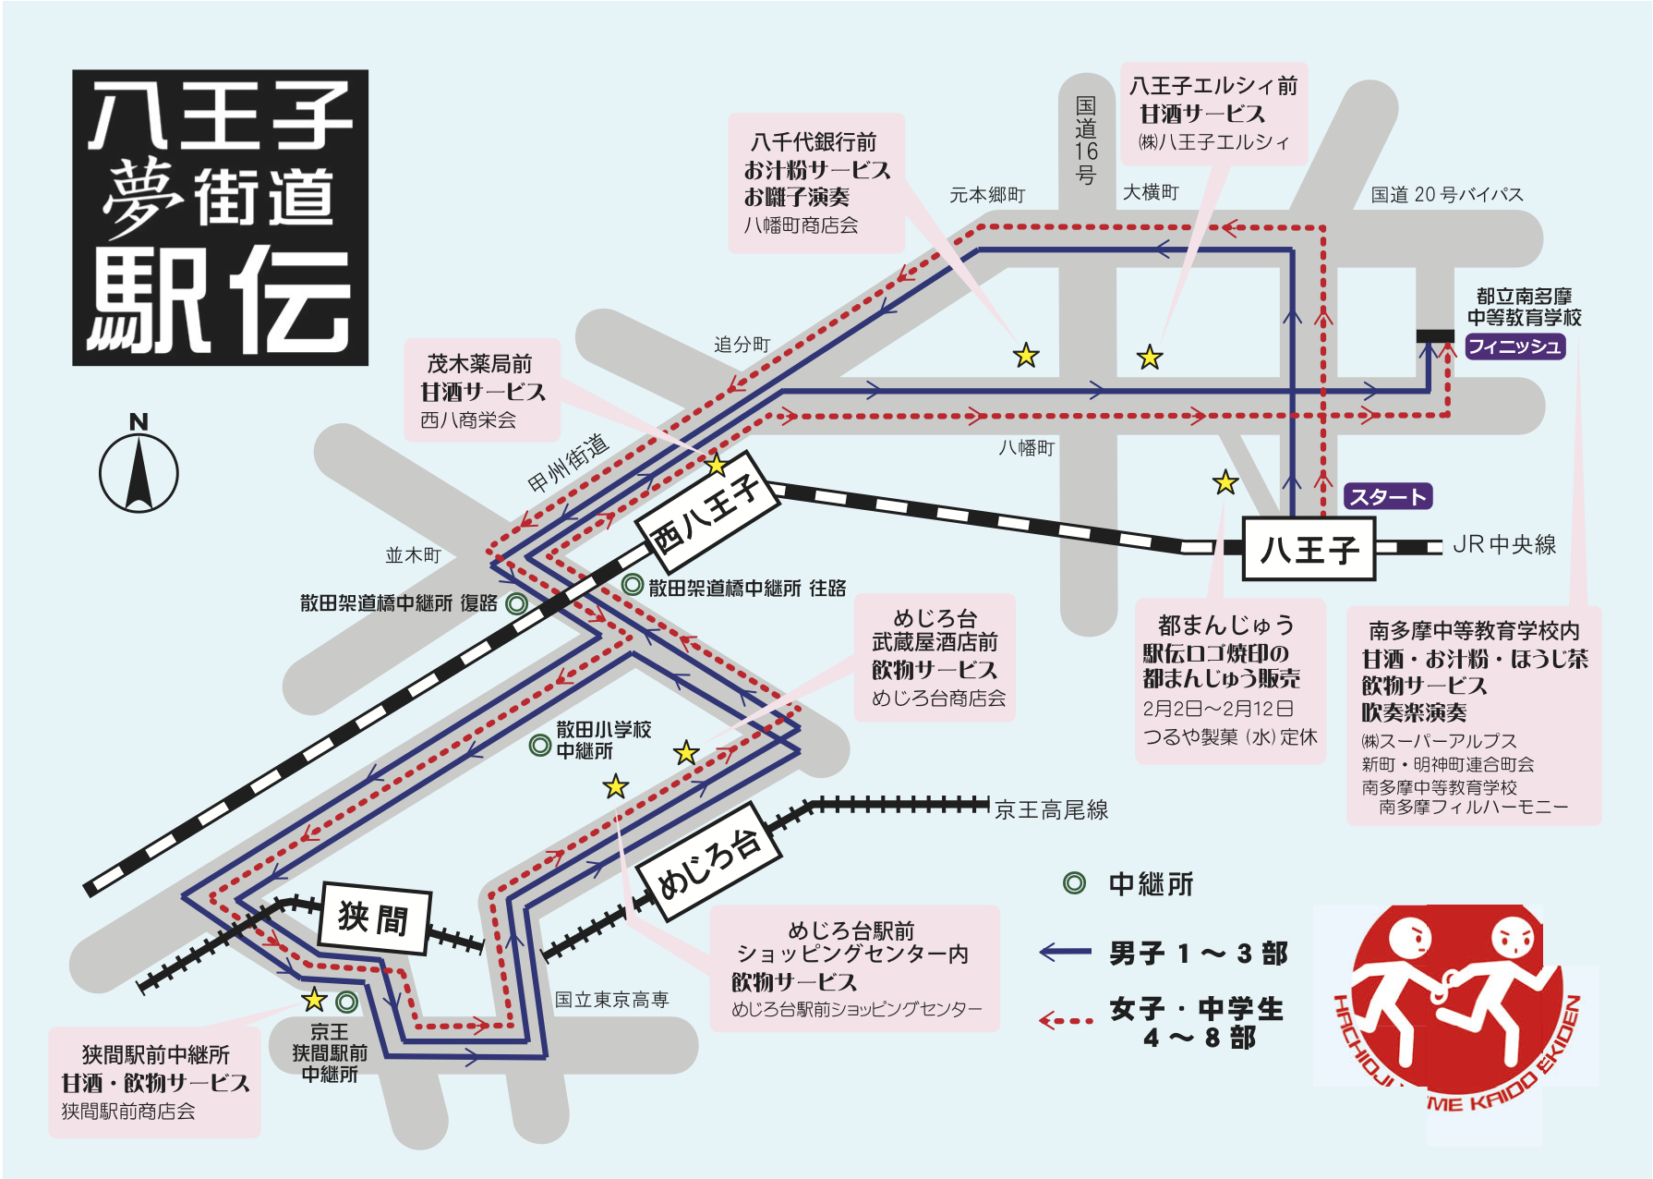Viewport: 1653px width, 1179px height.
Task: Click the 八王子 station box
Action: point(1309,549)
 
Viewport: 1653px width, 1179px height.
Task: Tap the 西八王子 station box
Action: point(708,509)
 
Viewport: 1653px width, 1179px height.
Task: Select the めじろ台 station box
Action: point(709,862)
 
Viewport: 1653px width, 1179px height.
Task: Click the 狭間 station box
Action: point(374,918)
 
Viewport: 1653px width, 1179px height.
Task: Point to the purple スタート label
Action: point(1387,497)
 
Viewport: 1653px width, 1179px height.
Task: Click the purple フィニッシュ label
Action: point(1514,346)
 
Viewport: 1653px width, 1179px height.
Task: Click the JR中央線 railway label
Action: point(1504,545)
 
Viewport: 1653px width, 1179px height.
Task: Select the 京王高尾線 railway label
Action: point(1052,810)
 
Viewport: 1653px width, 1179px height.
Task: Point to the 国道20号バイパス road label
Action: point(1447,195)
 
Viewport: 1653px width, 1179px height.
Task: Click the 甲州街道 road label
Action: point(569,464)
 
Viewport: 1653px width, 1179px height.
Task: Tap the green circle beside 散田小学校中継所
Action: point(540,745)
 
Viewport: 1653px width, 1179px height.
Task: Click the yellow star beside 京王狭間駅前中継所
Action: point(315,999)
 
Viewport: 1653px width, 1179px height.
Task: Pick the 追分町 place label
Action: point(742,345)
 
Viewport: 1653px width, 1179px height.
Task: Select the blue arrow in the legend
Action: point(1066,952)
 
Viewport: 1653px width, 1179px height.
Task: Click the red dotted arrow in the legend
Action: point(1066,1020)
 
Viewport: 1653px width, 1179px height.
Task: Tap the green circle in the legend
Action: point(1074,883)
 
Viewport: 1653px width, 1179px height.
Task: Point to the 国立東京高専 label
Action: point(611,1000)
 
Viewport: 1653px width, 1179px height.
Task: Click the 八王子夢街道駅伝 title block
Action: point(221,218)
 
